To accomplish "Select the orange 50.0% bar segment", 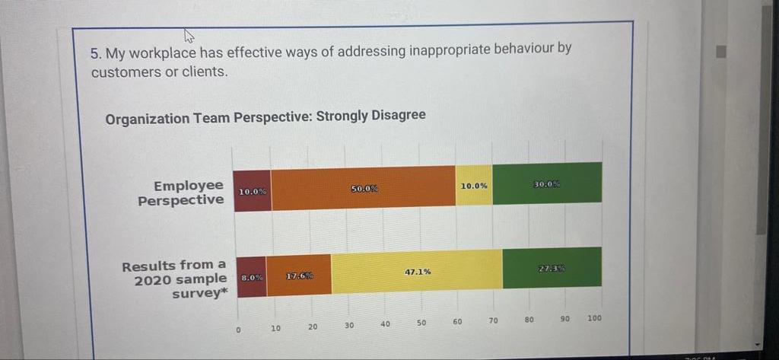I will tap(364, 187).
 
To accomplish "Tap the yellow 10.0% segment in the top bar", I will tap(474, 185).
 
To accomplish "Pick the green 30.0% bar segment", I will tap(547, 183).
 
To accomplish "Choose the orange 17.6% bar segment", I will tap(299, 276).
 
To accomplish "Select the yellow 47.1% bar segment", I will tap(417, 271).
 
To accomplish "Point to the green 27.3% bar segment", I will tap(552, 268).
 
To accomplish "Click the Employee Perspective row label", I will tap(183, 193).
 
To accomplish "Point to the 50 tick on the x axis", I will tap(421, 323).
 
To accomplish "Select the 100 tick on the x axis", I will tap(594, 318).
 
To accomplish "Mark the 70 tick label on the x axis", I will tap(493, 321).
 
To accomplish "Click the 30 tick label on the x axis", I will tap(348, 325).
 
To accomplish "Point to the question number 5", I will tap(95, 54).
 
